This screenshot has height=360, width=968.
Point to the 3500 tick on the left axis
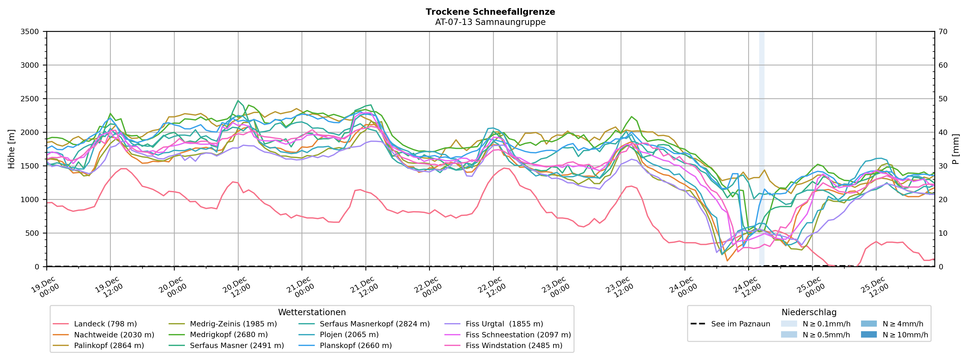click(x=30, y=32)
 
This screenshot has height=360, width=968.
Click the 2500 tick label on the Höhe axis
click(x=30, y=99)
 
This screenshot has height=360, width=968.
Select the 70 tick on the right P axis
click(x=943, y=32)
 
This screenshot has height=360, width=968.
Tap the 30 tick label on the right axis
click(x=943, y=166)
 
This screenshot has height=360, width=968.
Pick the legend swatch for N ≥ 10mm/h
click(x=868, y=335)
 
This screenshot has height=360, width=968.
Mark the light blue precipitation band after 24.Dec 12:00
click(x=762, y=150)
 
